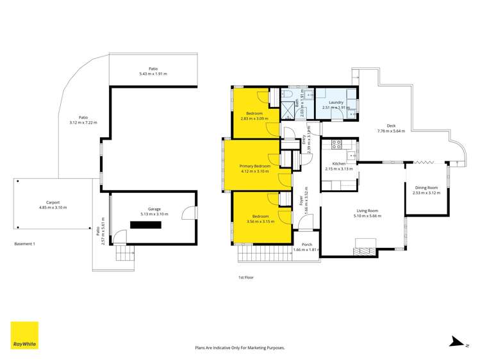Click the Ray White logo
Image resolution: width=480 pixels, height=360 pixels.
pyautogui.click(x=24, y=335)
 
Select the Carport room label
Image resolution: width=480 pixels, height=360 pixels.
pyautogui.click(x=53, y=202)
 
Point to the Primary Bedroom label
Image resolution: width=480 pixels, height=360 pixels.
pyautogui.click(x=254, y=166)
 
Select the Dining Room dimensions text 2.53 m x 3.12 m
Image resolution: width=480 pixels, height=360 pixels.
pyautogui.click(x=426, y=193)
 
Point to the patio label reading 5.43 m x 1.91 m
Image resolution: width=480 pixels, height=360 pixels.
pyautogui.click(x=153, y=74)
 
